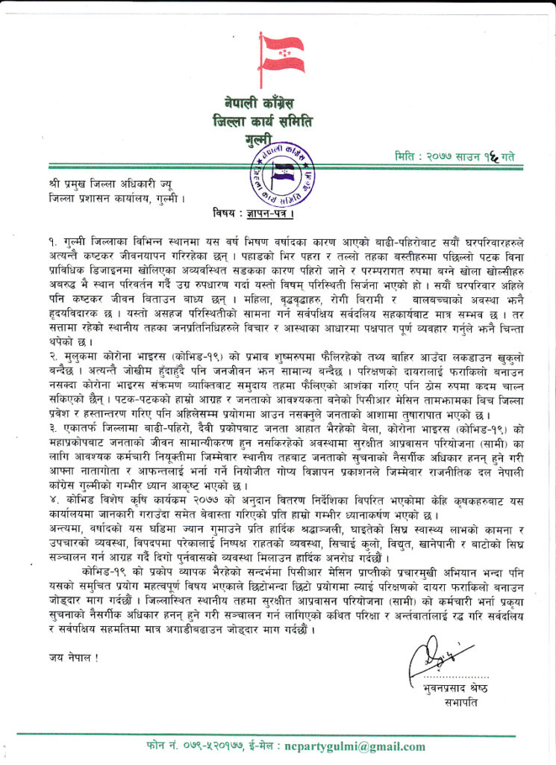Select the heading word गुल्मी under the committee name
[x=260, y=140]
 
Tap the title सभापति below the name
[x=458, y=703]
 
